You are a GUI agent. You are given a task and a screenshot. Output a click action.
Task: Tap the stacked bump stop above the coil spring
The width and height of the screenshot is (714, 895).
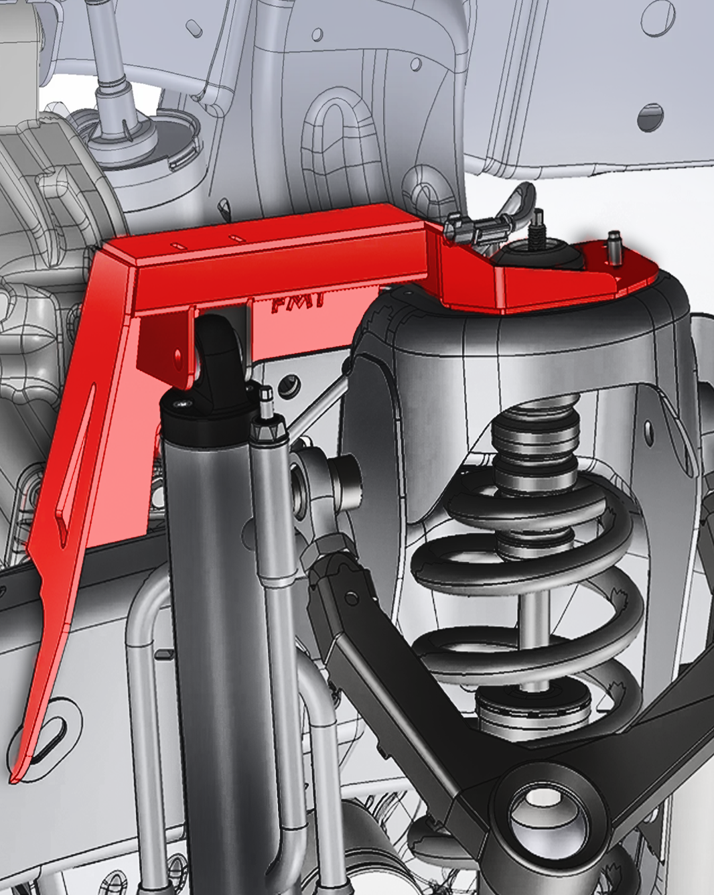point(536,442)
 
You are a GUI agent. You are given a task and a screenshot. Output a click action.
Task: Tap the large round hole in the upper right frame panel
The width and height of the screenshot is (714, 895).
point(650,118)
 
